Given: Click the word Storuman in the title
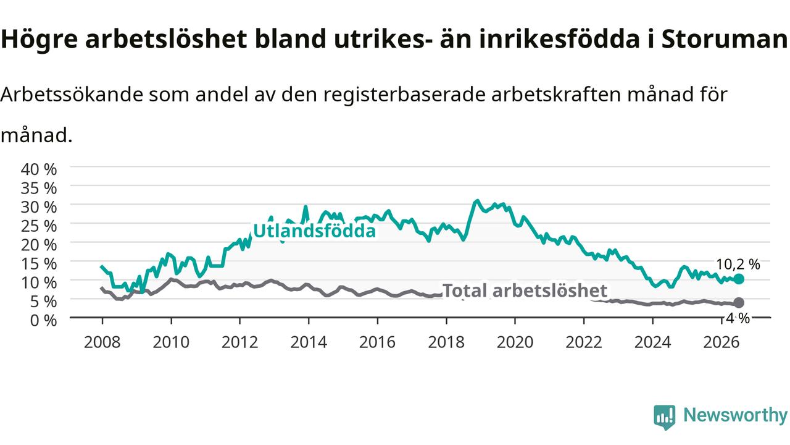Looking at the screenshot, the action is pos(725,39).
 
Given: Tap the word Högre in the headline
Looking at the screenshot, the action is pos(39,40).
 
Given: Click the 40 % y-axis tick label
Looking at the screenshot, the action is pos(39,169).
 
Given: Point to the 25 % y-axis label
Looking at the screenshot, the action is pos(39,226).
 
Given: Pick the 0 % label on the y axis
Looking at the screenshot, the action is pos(43,320).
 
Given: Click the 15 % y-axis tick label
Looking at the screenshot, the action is pos(39,264).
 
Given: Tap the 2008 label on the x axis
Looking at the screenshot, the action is pos(102,342).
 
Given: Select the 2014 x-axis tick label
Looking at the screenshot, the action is pos(309,342).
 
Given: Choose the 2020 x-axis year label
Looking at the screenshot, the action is pos(515,342).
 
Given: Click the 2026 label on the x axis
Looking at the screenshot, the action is pos(721,342).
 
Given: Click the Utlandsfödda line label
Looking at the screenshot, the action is pos(314,231).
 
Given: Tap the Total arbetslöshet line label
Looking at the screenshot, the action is pos(525,290).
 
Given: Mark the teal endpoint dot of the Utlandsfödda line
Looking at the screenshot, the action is pos(739,279).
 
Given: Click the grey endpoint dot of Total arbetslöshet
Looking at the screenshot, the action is pos(739,303).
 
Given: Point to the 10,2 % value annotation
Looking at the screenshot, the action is pos(738,265).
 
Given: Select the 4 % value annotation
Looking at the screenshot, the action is pos(738,318).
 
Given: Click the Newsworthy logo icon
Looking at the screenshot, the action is pos(665,417).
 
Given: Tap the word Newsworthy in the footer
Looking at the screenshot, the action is pos(736,415).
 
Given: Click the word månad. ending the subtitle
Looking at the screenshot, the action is pos(36,135).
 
